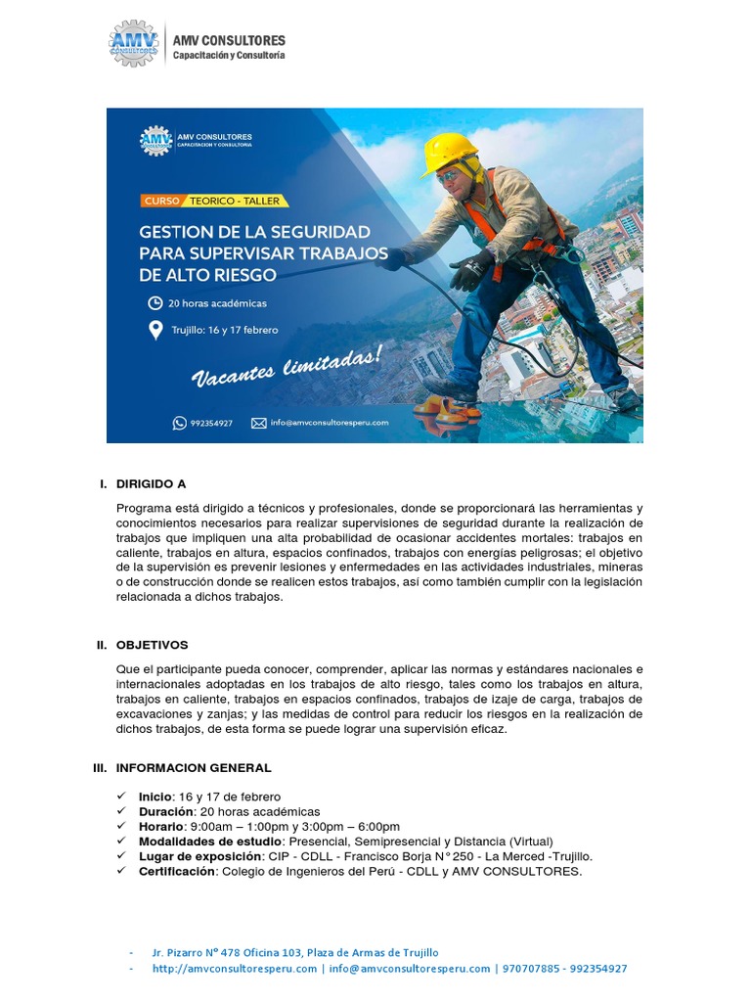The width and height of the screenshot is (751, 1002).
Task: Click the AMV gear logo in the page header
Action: [x=134, y=44]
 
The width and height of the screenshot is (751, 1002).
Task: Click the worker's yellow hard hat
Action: [x=449, y=153]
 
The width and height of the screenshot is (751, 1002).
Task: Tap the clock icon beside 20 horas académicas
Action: [x=155, y=303]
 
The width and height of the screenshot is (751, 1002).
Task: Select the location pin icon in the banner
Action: [x=155, y=330]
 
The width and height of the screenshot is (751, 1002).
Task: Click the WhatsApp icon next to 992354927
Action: [x=179, y=423]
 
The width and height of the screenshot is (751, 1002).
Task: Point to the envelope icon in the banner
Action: [x=258, y=423]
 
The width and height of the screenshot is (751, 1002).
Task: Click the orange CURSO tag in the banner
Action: [x=161, y=201]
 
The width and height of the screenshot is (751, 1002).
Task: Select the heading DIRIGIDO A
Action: [x=151, y=483]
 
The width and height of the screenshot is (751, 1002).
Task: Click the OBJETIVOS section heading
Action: [x=152, y=645]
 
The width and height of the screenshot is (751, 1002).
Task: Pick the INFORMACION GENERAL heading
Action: [x=194, y=768]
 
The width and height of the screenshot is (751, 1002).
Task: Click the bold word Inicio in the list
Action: [x=155, y=797]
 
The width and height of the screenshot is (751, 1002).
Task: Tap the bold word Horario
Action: [x=161, y=827]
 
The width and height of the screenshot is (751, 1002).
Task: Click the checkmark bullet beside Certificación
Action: [x=120, y=870]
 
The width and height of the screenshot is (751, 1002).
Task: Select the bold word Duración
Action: [x=165, y=812]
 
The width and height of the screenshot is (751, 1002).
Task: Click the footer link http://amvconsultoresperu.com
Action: [x=235, y=969]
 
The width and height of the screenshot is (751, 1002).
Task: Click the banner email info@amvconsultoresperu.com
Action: [x=330, y=423]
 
